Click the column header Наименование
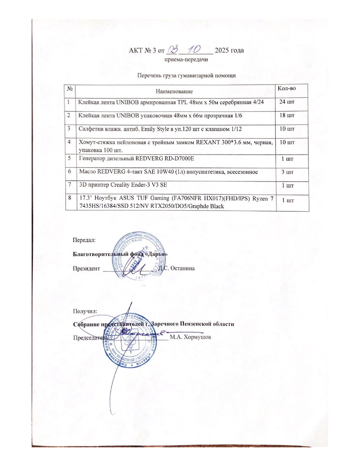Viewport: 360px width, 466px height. pos(174,92)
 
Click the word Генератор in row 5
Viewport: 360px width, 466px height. pos(93,158)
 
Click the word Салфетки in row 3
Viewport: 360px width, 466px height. pos(90,129)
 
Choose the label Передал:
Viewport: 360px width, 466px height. pos(84,240)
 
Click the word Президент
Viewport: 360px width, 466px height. pos(86,268)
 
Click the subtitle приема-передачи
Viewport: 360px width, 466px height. pos(186,60)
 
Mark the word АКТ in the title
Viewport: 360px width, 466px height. pos(135,51)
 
